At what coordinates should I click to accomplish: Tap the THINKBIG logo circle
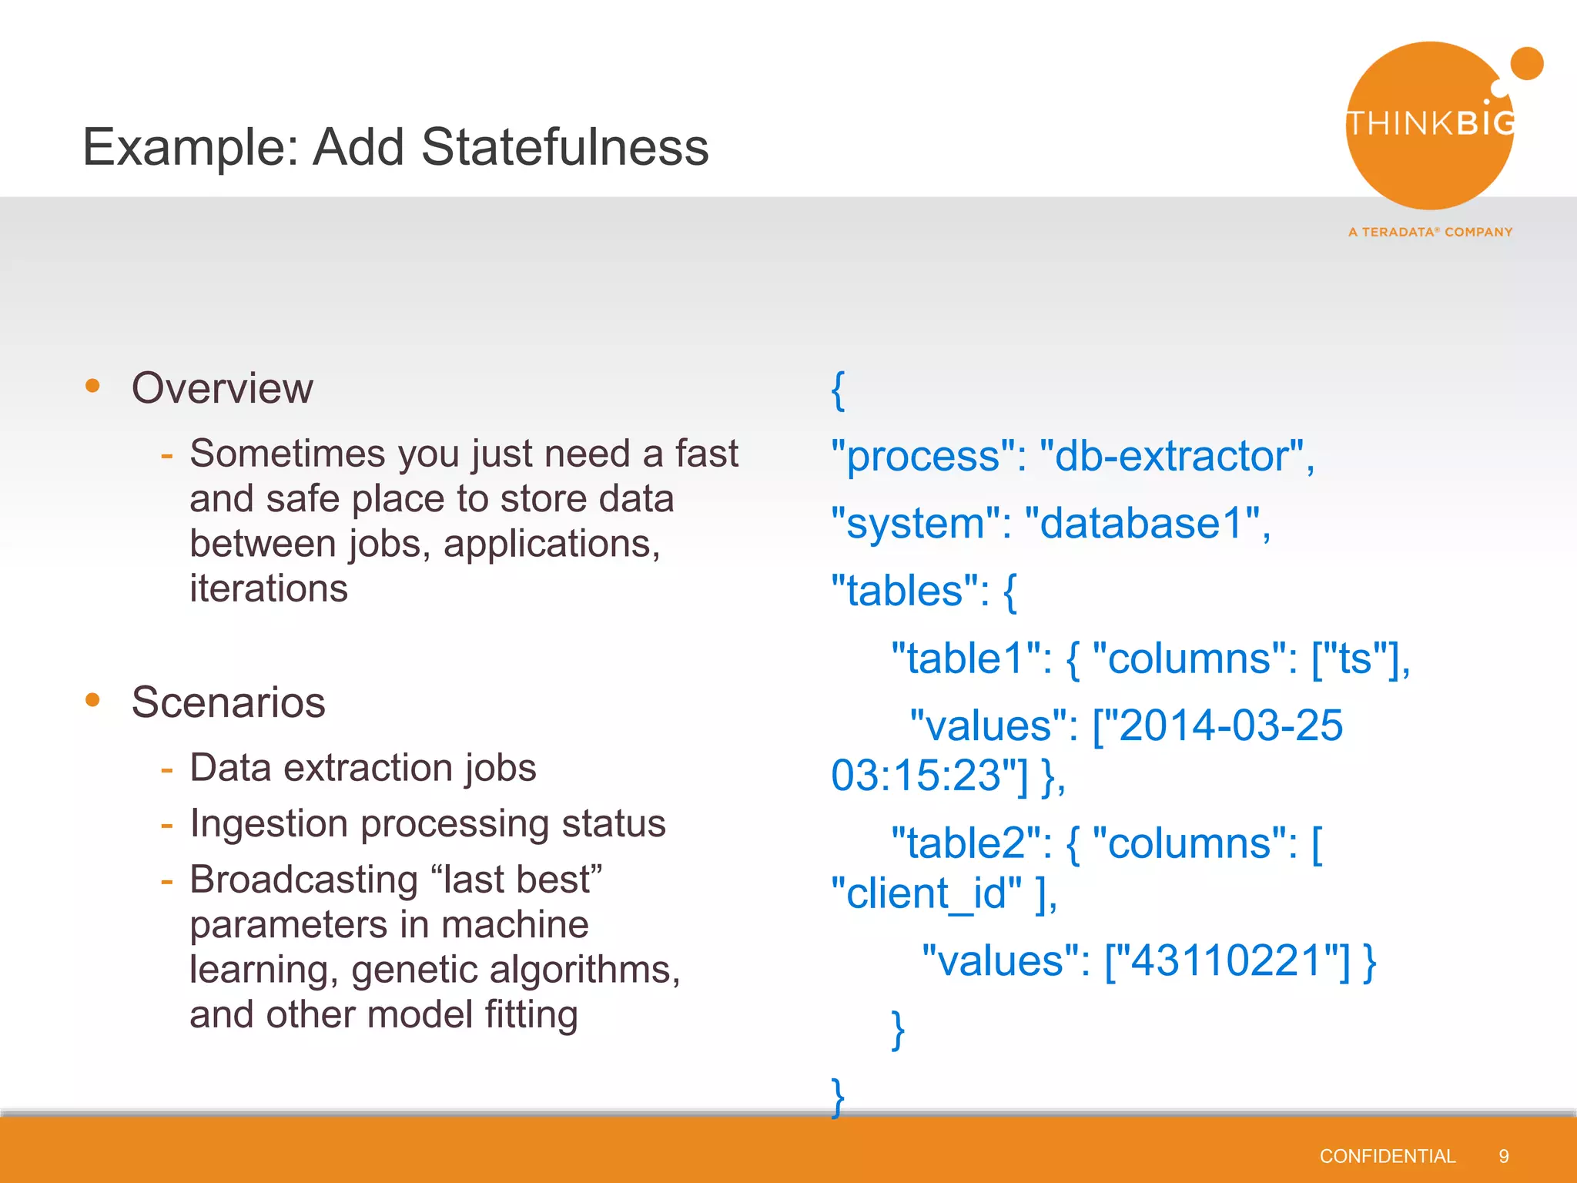coord(1430,126)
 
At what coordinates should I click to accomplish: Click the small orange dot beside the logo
coord(1527,63)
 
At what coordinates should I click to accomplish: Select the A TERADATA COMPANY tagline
coord(1430,232)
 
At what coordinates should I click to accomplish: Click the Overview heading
coord(223,387)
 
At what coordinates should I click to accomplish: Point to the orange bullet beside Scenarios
coord(93,699)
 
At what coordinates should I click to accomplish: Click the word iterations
coord(269,588)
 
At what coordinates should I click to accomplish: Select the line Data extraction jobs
coord(363,768)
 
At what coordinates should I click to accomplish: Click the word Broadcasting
coord(304,880)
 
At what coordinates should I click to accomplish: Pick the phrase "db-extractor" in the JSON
coord(1170,456)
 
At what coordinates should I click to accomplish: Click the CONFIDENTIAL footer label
coord(1387,1156)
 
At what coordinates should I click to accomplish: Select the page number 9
coord(1503,1156)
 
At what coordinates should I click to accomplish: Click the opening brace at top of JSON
coord(838,390)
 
